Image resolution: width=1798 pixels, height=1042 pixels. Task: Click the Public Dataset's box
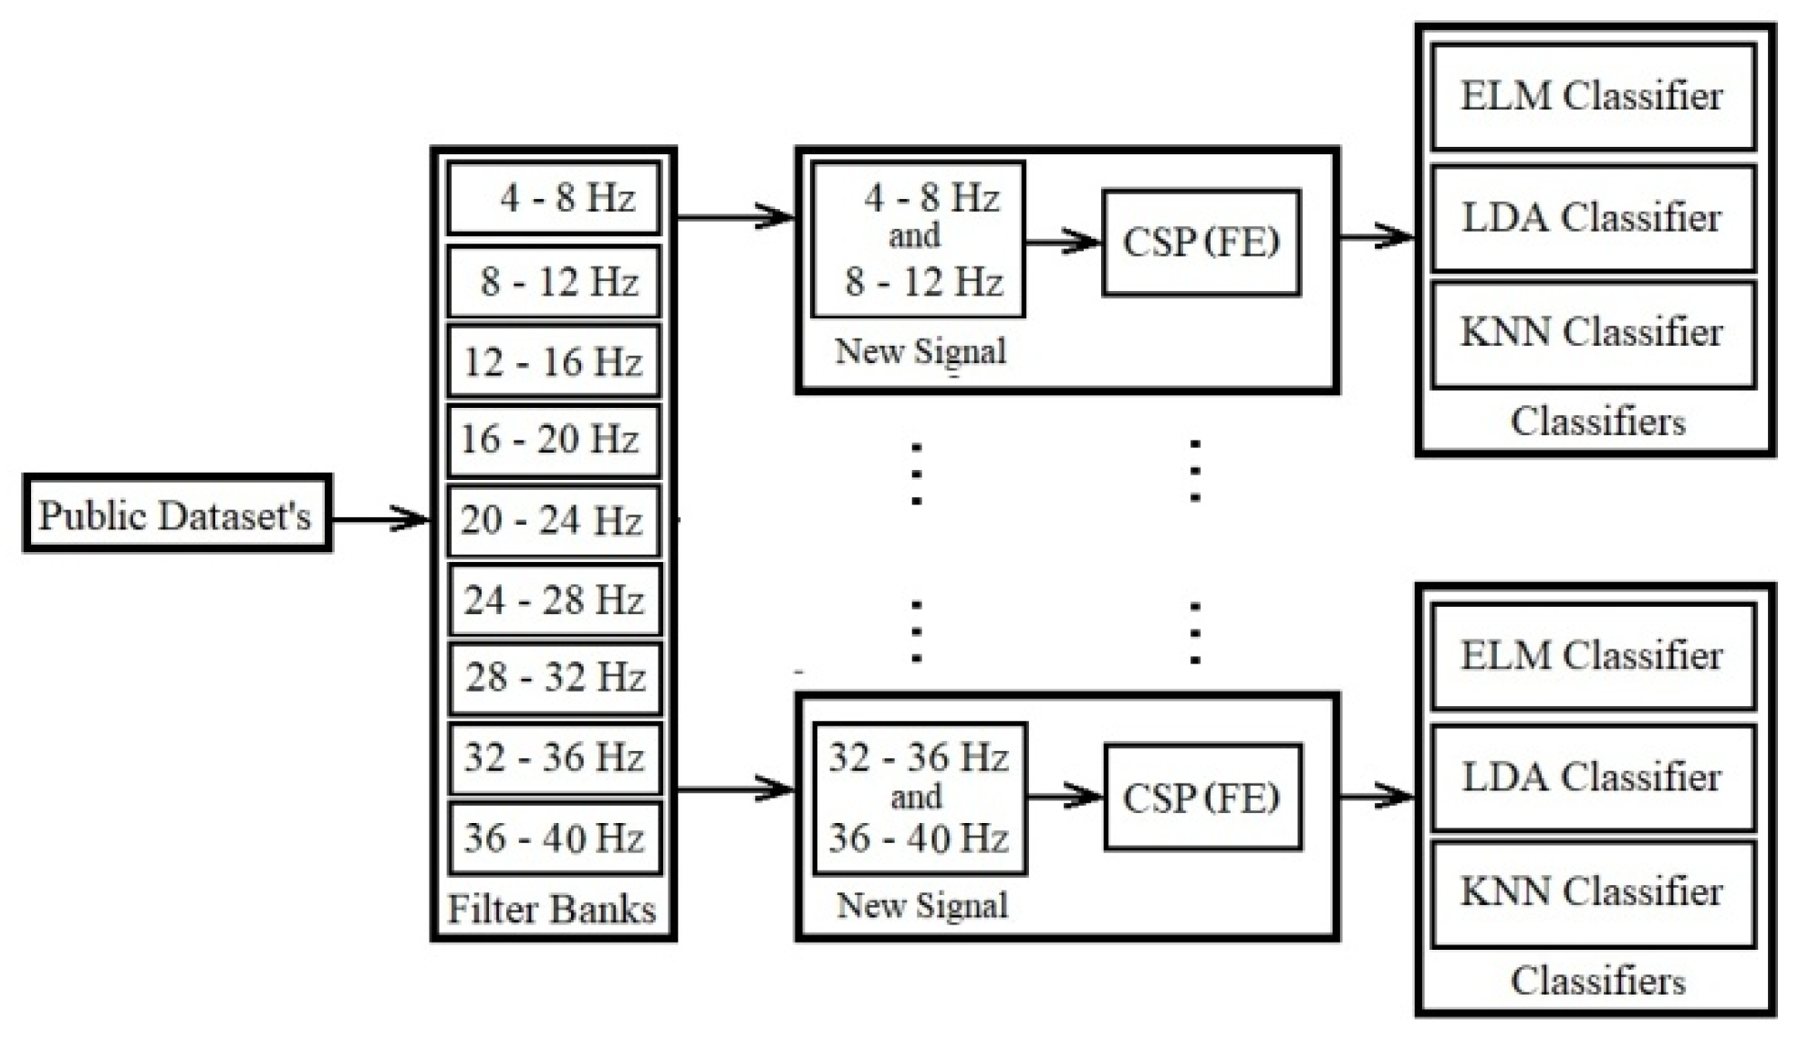(177, 514)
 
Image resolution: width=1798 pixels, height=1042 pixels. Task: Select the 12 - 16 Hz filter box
(554, 361)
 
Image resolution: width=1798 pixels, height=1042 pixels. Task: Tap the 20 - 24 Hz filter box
(554, 520)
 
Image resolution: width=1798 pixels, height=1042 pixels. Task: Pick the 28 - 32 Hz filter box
(556, 678)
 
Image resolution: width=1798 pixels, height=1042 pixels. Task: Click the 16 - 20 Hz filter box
(554, 440)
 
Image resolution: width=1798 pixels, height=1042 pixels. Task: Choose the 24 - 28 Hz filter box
(556, 599)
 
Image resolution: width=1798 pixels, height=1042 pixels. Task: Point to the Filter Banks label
(552, 909)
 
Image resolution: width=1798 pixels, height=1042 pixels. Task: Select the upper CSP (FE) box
(1200, 242)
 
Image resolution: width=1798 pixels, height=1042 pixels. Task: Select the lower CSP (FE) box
(1202, 797)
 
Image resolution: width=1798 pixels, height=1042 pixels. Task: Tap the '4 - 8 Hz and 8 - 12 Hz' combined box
(919, 240)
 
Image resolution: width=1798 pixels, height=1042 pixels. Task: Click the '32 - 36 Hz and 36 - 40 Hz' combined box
(920, 798)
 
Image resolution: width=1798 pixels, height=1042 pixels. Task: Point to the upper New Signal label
(920, 351)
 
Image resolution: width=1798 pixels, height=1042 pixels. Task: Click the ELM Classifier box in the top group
(1593, 97)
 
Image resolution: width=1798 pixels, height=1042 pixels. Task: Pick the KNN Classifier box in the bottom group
(1593, 892)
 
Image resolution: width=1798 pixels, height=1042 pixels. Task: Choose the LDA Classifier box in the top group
(1593, 218)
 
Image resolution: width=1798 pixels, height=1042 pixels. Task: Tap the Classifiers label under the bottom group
(1597, 982)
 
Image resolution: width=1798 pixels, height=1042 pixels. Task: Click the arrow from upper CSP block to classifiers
(1376, 236)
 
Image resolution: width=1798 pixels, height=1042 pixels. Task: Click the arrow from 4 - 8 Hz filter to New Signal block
(735, 217)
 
